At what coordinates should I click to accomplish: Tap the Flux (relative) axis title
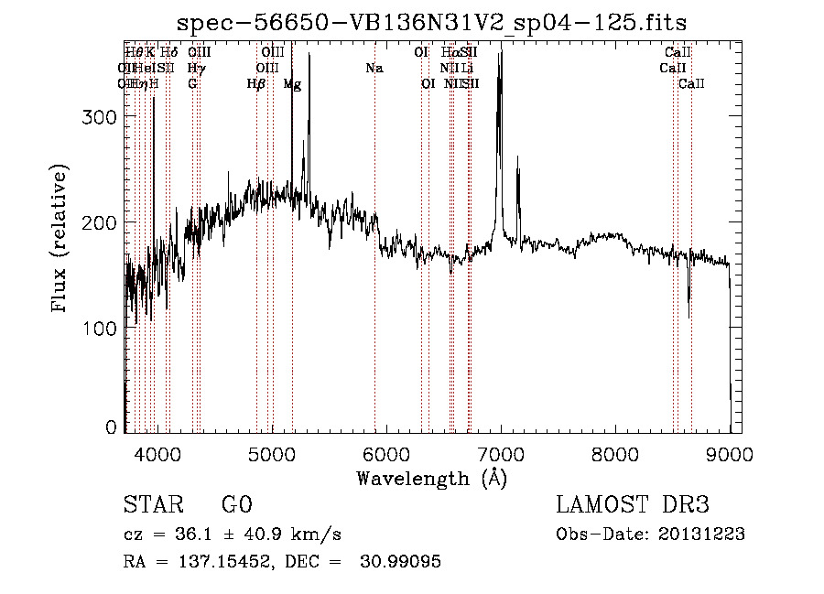pyautogui.click(x=61, y=241)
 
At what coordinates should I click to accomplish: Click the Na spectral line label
pyautogui.click(x=374, y=68)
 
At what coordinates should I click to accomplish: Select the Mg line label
pyautogui.click(x=292, y=84)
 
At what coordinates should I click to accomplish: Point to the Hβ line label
pyautogui.click(x=256, y=84)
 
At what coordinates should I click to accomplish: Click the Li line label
pyautogui.click(x=467, y=68)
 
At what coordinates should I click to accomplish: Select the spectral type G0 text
pyautogui.click(x=235, y=505)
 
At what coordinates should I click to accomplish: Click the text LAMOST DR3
pyautogui.click(x=633, y=505)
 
